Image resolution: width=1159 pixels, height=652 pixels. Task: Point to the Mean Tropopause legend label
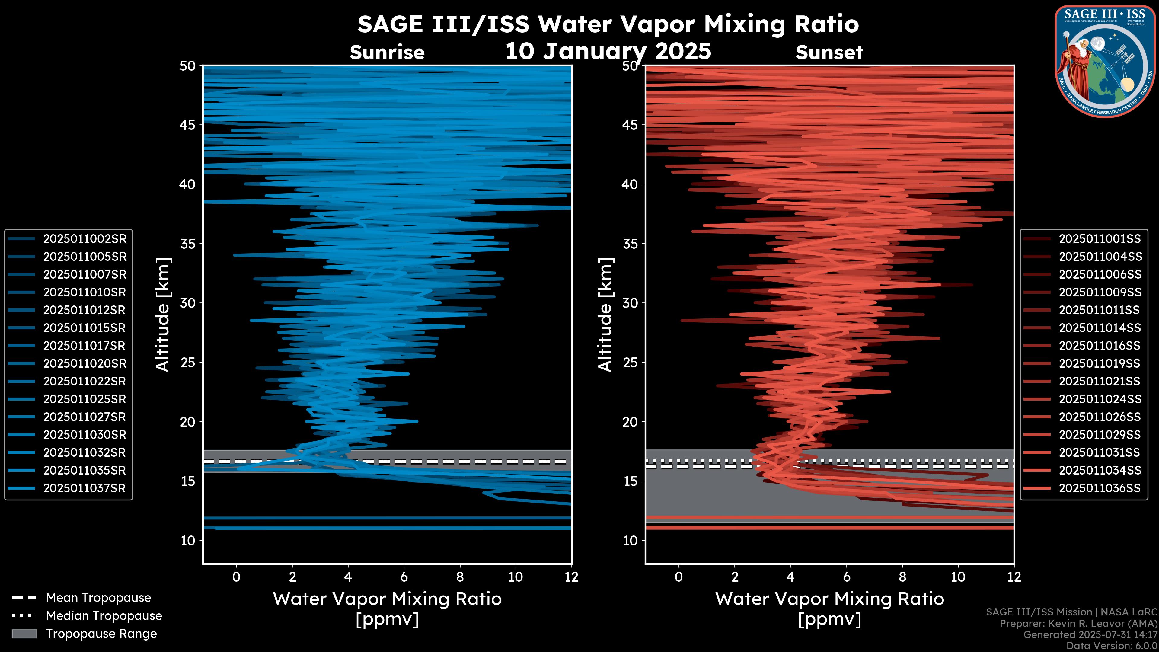[98, 598]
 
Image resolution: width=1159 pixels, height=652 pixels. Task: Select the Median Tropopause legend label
[104, 616]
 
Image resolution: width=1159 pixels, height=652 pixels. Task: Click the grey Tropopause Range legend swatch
[24, 634]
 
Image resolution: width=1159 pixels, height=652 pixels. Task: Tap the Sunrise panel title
[387, 53]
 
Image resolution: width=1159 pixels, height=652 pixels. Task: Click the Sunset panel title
[829, 53]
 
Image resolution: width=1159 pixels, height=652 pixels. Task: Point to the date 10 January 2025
[608, 51]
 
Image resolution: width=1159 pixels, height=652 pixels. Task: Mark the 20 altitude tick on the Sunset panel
[630, 422]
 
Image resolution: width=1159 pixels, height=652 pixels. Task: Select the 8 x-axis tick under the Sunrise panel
[460, 577]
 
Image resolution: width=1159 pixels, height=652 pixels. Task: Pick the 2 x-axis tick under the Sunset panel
[735, 577]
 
